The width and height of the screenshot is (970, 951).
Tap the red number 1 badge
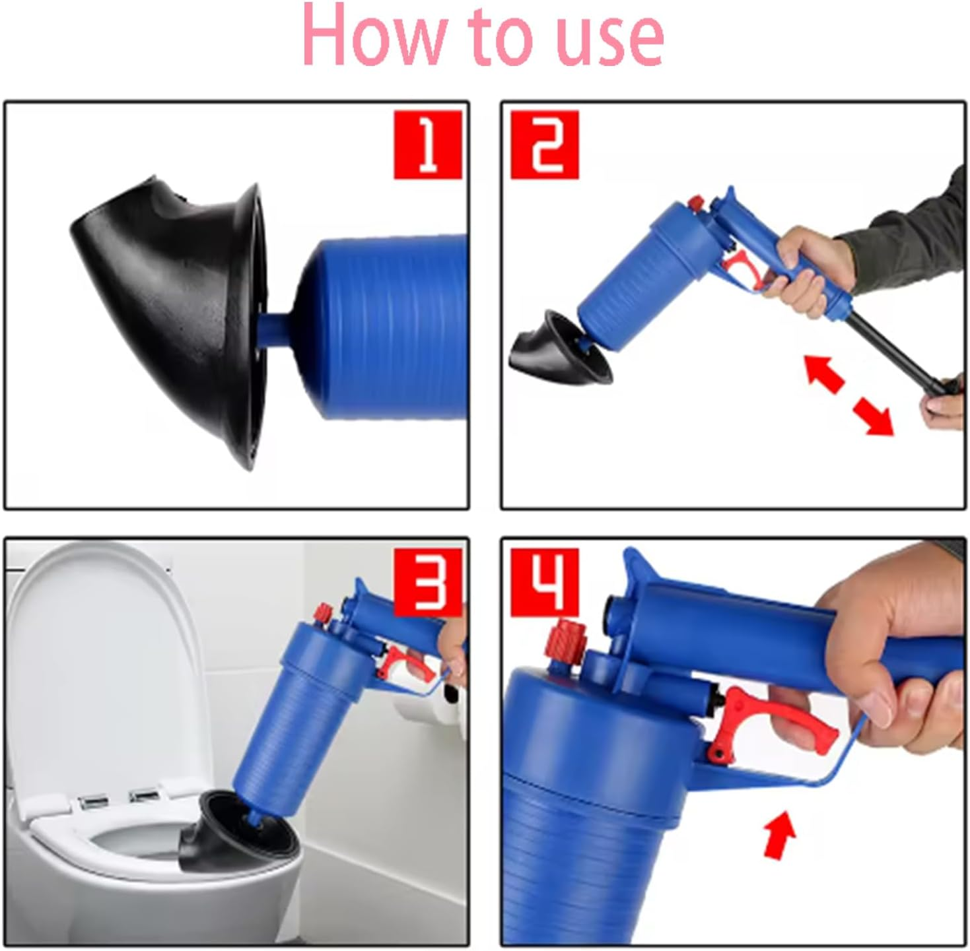pyautogui.click(x=427, y=145)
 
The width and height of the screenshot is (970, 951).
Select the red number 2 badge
pyautogui.click(x=545, y=145)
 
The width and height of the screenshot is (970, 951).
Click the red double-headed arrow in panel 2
pyautogui.click(x=849, y=394)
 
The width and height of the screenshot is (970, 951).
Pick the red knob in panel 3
pyautogui.click(x=324, y=612)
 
